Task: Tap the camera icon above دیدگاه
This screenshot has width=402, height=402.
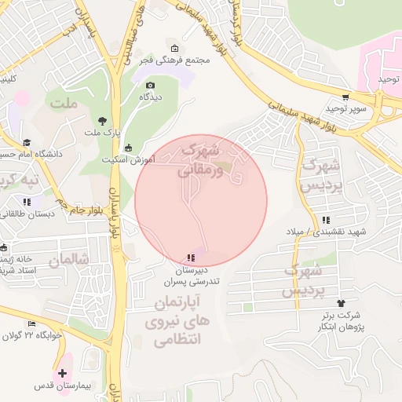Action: [151, 85]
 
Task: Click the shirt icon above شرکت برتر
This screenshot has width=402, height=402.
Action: [341, 302]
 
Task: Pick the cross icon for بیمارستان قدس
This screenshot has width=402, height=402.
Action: [63, 372]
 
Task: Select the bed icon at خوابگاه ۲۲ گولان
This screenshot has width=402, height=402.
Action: [31, 324]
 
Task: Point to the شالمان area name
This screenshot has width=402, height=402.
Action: [69, 258]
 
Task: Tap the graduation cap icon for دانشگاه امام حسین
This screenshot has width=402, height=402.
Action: [27, 143]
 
